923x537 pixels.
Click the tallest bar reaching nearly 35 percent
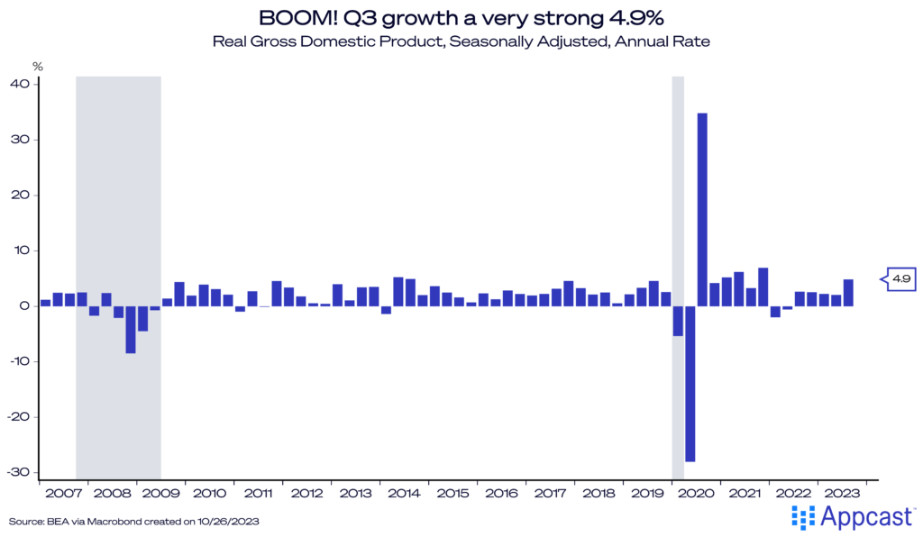click(702, 209)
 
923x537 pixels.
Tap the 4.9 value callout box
click(900, 279)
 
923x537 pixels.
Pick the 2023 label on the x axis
click(843, 494)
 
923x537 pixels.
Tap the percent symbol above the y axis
click(37, 67)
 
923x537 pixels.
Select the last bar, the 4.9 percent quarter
click(848, 293)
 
